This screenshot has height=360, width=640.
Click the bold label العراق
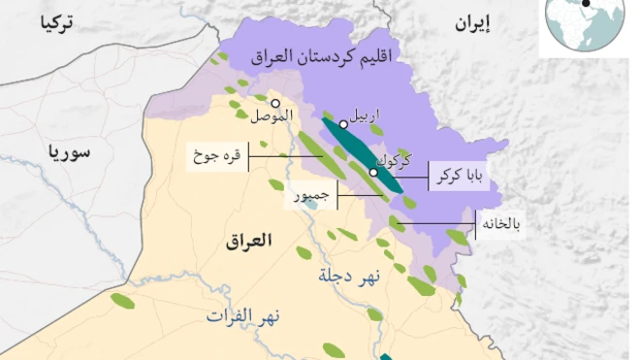[250, 240]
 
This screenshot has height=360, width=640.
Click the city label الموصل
[271, 118]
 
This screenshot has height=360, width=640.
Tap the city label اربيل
[364, 115]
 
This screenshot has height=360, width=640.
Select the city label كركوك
[392, 157]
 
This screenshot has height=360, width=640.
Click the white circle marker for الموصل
[275, 103]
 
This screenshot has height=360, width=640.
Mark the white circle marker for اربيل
[343, 124]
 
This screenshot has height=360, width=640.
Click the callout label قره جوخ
[217, 155]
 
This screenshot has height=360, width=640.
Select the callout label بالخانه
[502, 225]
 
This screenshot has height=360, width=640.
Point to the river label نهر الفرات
[241, 315]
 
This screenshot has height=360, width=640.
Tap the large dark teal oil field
[362, 154]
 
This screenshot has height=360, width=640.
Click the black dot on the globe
[586, 4]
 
